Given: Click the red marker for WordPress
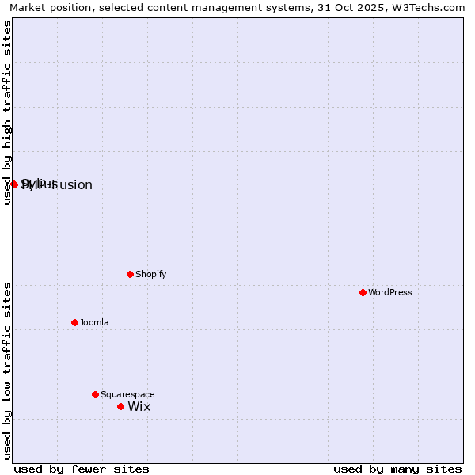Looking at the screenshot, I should coord(363,292).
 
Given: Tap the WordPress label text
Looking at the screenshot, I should coord(390,292).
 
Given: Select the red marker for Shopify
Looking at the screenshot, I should coord(130,274).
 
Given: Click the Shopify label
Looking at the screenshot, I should coord(150,274).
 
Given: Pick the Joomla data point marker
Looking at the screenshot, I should coord(74,322).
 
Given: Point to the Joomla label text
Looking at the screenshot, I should coord(94,322).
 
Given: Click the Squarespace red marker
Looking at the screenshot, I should coord(95,394).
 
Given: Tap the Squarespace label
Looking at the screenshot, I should coord(127,394).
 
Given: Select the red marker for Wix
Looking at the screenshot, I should coord(120,406).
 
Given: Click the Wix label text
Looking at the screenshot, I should coord(139,407).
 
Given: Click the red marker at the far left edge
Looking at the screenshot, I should coord(14,184).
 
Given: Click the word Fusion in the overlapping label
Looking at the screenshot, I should coord(73,185).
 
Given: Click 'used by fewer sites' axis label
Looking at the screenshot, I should coord(82,469).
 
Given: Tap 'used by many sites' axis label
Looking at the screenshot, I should coord(397,469).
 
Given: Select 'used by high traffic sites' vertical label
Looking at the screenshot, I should coord(7,112).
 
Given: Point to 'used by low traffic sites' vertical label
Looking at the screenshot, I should coord(7,370).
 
